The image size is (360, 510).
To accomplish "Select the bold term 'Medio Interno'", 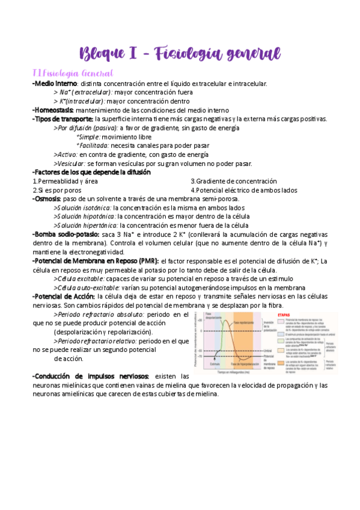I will [x=55, y=84].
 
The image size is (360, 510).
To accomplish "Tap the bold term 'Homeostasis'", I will [x=54, y=110].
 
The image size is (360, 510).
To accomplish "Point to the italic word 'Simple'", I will [x=89, y=137].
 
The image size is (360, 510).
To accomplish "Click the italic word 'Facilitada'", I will [x=93, y=146].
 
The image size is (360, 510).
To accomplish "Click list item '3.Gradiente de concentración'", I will [x=233, y=181].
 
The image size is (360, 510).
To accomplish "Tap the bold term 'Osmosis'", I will [x=46, y=199].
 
